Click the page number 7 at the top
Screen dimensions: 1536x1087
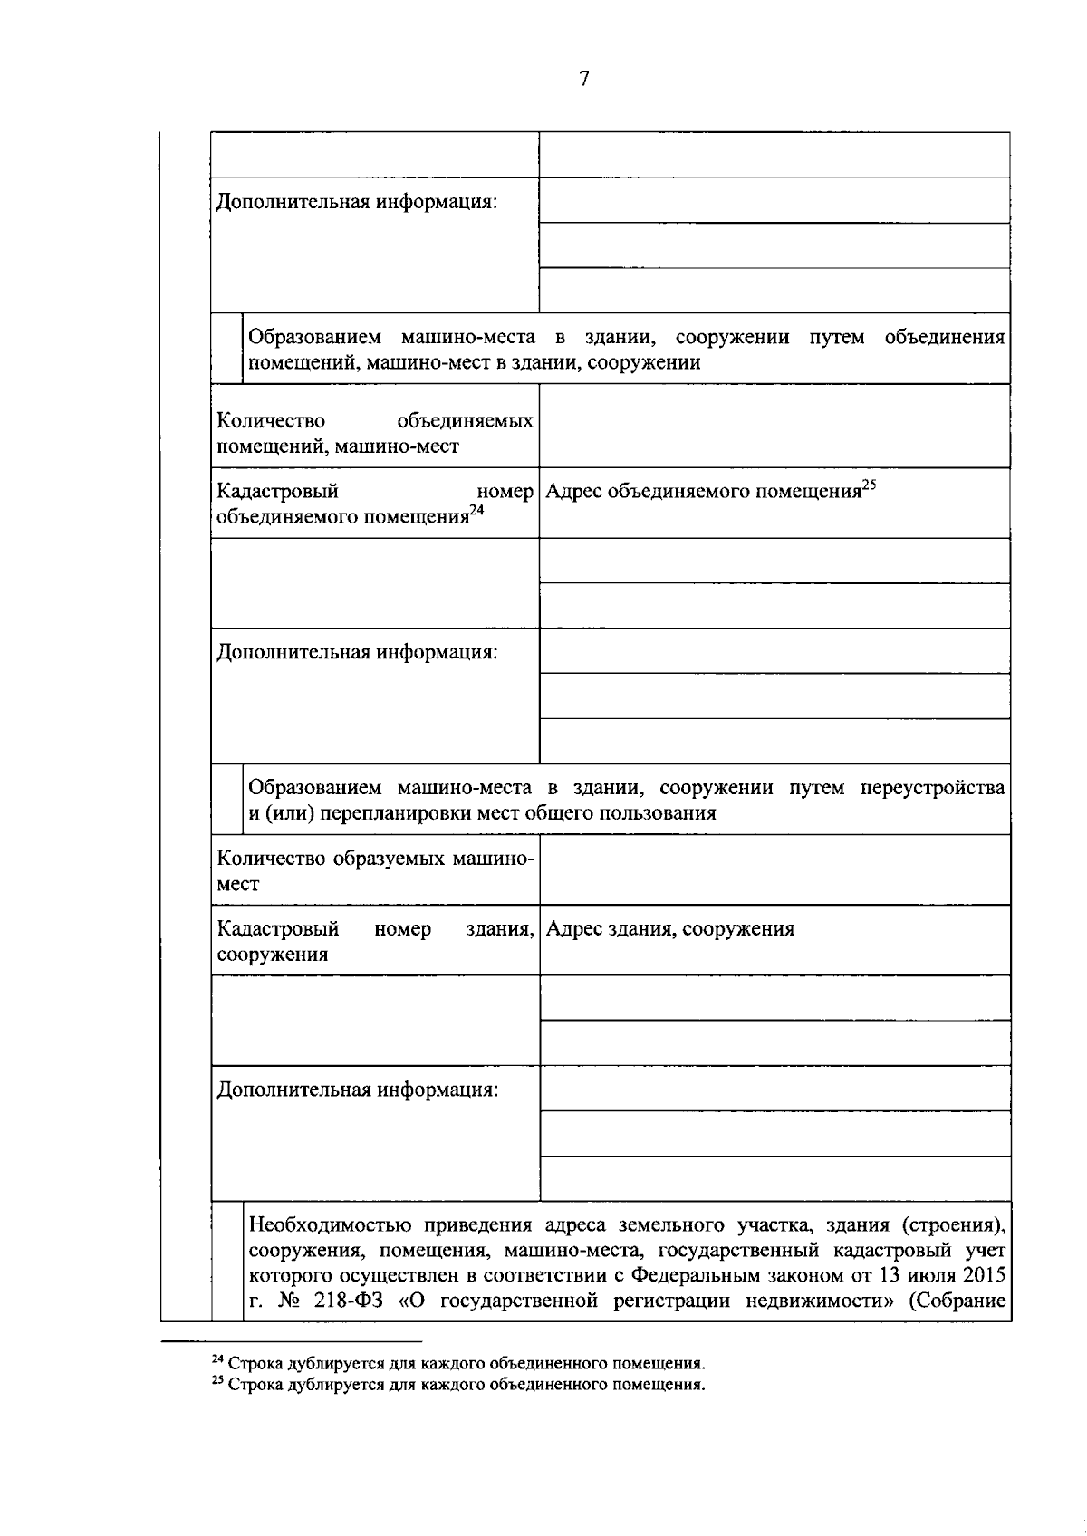[583, 79]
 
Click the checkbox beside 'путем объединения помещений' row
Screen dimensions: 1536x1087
[226, 349]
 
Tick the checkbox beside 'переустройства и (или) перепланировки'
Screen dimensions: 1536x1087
[226, 800]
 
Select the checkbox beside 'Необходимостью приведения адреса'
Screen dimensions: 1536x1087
[226, 1262]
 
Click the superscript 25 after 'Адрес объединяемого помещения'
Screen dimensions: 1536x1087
[869, 485]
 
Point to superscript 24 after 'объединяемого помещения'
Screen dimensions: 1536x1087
[477, 511]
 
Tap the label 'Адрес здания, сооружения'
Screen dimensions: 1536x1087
[670, 928]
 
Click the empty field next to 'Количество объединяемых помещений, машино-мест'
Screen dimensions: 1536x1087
[774, 426]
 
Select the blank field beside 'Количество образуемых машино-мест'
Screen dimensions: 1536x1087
[774, 869]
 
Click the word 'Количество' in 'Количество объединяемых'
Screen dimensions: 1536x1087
[271, 420]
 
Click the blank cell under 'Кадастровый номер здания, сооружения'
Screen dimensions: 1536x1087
[375, 1020]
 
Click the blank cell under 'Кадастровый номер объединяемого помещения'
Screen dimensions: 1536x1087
[375, 583]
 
